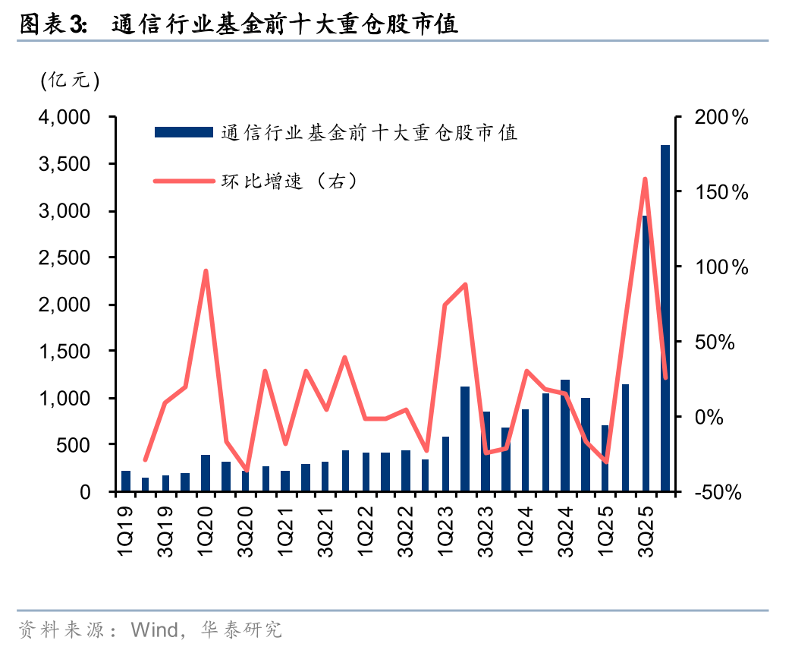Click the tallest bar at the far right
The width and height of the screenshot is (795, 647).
665,318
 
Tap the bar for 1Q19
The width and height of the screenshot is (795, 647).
126,481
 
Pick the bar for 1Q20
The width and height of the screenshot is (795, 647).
206,473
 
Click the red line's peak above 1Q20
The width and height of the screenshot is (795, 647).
206,271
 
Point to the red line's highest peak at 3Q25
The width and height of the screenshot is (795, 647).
645,179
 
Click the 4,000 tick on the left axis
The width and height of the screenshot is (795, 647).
64,118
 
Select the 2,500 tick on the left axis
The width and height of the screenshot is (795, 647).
64,258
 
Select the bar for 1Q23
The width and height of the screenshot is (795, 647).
445,464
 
